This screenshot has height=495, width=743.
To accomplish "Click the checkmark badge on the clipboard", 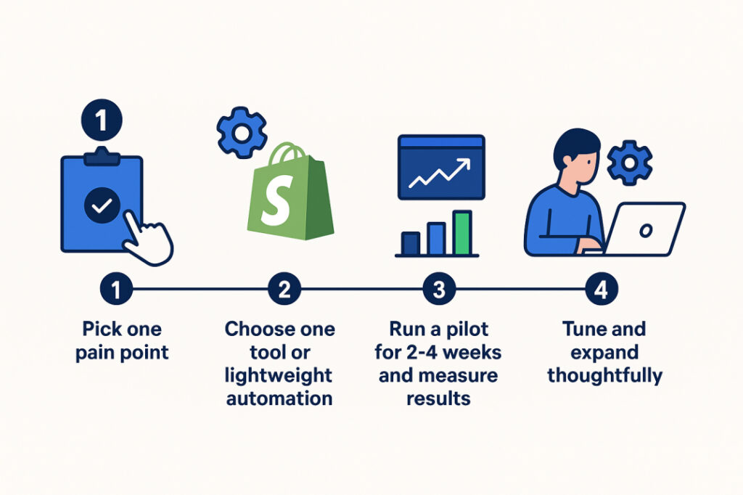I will [x=102, y=206].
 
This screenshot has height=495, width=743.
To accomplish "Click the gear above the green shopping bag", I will [x=242, y=133].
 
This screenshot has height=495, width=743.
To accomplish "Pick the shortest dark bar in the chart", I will [x=411, y=243].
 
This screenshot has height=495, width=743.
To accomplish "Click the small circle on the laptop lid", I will [x=645, y=230].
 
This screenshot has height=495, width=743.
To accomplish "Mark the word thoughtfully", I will [x=604, y=376].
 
